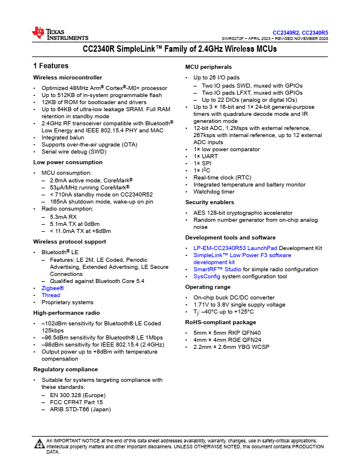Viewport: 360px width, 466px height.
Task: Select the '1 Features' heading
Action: tap(51, 66)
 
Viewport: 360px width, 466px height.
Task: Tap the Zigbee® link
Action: tap(52, 288)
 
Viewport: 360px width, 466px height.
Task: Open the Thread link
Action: tap(51, 295)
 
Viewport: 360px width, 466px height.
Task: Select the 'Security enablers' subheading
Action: tap(209, 202)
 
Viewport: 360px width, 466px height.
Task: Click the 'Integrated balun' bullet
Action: tap(63, 137)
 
